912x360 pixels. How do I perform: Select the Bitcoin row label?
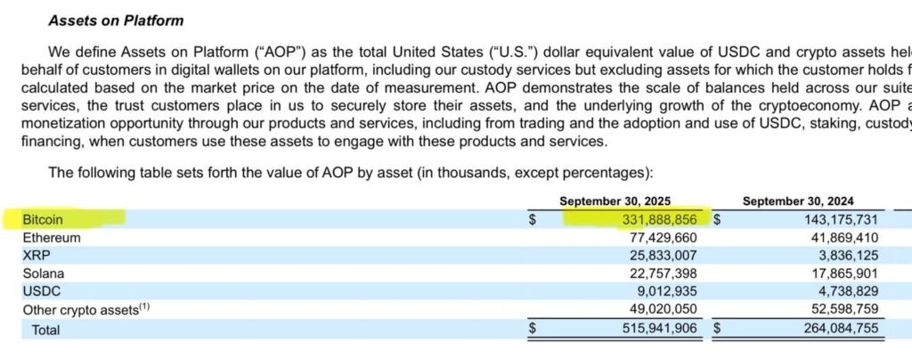44,218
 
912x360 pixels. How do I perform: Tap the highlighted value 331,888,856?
658,219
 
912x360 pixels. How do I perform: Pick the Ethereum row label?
52,238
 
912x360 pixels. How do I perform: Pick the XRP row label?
37,256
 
